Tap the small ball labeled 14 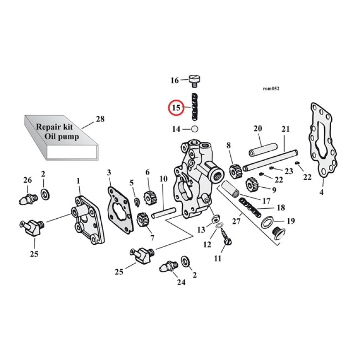coord(195,129)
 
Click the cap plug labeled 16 coord(194,80)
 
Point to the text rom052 coord(270,89)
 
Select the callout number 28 coord(99,119)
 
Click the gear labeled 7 coord(143,220)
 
